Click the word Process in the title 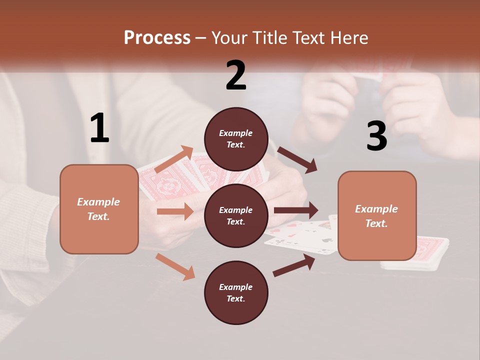157,38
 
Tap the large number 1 99,128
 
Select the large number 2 236,75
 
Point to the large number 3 376,136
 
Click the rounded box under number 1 99,209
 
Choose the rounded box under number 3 377,215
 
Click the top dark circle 236,139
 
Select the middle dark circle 236,215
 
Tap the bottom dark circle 236,292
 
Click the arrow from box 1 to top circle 174,159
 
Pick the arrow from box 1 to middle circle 175,211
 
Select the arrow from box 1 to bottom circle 175,266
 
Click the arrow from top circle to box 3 297,160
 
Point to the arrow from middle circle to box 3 295,210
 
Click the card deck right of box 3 431,250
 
